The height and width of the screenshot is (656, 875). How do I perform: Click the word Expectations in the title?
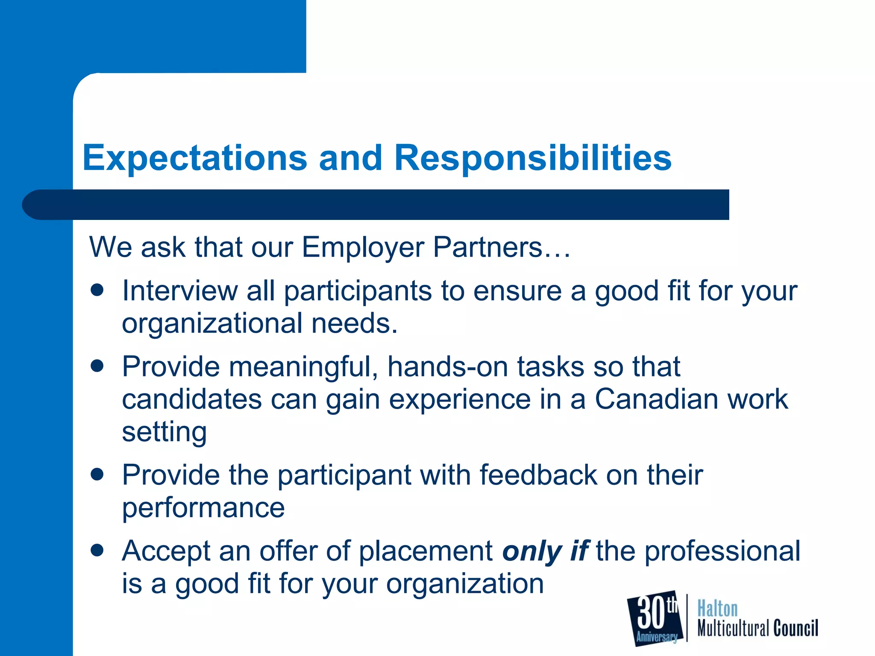coord(194,158)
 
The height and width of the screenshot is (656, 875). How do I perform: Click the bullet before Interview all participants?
coord(97,290)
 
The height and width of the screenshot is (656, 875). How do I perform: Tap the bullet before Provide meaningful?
coord(97,366)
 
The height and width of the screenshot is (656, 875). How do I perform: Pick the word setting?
coord(164,432)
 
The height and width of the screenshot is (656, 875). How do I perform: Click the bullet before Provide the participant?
coord(97,474)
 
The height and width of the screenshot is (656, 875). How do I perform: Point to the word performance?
coord(203,508)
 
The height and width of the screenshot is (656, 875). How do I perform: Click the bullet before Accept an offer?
coord(97,550)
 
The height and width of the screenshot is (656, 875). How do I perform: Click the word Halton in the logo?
coord(717,609)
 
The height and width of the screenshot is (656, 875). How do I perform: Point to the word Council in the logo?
coord(796,628)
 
